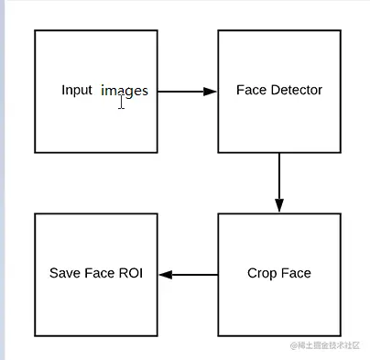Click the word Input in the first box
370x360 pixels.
pos(77,91)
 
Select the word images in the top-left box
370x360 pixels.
pos(125,91)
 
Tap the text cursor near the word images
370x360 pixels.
pos(121,102)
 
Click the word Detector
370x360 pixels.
pos(294,91)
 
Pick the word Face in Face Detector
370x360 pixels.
pos(250,91)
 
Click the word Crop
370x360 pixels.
pos(262,273)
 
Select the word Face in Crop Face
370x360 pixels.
pos(296,273)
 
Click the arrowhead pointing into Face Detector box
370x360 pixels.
pos(211,92)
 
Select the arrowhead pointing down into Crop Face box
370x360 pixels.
pos(279,206)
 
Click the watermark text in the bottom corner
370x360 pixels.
pos(327,345)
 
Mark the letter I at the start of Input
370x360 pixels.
pos(63,91)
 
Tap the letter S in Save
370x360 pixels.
pos(53,273)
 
